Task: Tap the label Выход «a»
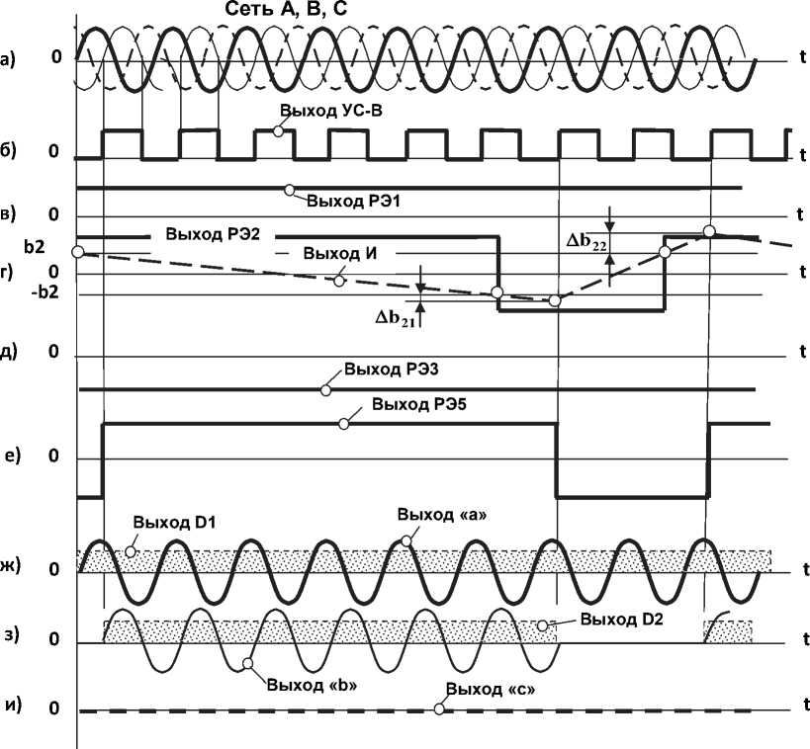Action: pos(443,516)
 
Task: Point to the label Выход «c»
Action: pos(492,690)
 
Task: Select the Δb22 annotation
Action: pos(586,242)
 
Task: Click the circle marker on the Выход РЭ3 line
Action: pos(325,390)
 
